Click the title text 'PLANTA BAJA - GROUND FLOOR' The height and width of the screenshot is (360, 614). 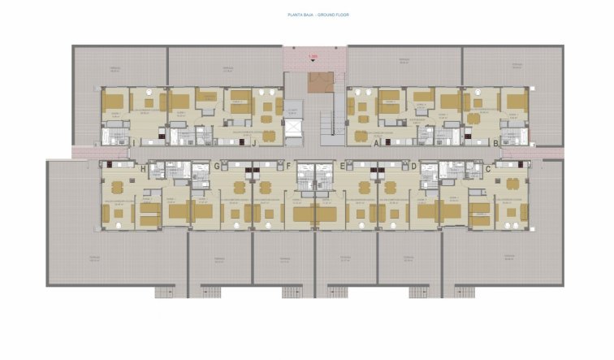307,15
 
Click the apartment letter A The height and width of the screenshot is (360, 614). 377,141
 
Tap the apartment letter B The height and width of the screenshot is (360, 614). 495,141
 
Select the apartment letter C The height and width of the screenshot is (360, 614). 487,168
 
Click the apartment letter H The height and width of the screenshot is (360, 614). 143,168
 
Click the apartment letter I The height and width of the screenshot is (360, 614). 134,141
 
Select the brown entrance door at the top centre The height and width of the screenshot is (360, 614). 320,81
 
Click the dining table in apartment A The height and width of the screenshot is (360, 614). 362,135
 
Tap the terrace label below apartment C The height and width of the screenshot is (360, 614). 508,258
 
